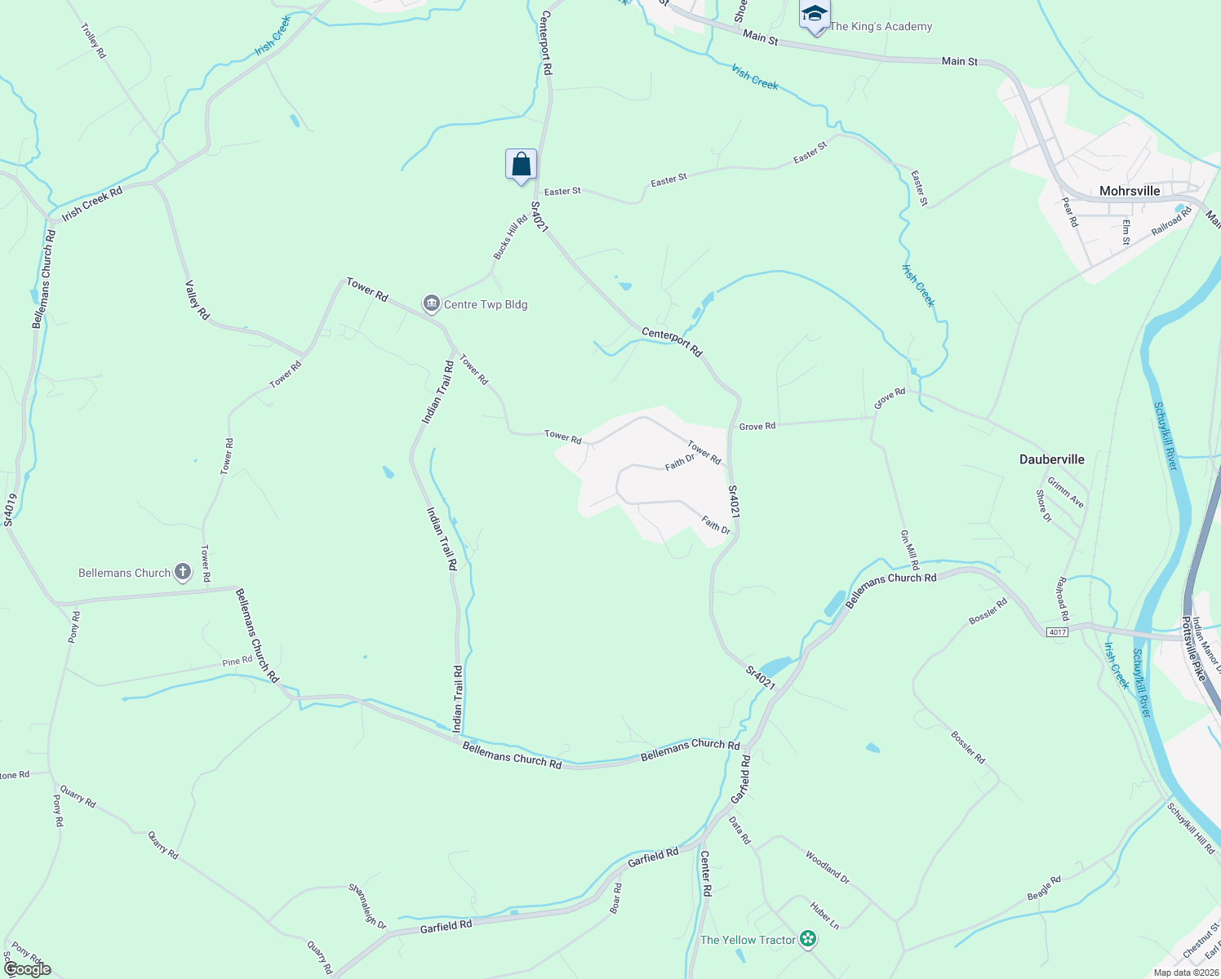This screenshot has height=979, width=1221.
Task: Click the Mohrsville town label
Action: pyautogui.click(x=1130, y=191)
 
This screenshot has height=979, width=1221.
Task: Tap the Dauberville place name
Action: pyautogui.click(x=1052, y=459)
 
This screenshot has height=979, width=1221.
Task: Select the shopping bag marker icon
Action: pyautogui.click(x=521, y=165)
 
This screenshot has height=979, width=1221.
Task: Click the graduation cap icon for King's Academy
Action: pyautogui.click(x=815, y=15)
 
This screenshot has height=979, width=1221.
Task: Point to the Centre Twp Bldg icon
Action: pyautogui.click(x=431, y=304)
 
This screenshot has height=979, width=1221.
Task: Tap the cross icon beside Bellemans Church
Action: pyautogui.click(x=183, y=572)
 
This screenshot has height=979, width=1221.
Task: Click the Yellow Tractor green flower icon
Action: pyautogui.click(x=808, y=940)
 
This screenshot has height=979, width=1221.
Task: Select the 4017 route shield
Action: pyautogui.click(x=1058, y=632)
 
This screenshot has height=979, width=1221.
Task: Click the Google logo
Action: pyautogui.click(x=27, y=969)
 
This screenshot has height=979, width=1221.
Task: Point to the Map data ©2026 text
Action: pyautogui.click(x=1184, y=972)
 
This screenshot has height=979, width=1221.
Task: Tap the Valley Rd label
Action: pyautogui.click(x=198, y=299)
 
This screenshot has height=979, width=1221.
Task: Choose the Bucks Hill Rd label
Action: pyautogui.click(x=511, y=237)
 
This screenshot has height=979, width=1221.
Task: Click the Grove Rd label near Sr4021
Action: pyautogui.click(x=757, y=426)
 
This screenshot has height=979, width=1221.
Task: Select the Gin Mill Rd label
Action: pyautogui.click(x=909, y=549)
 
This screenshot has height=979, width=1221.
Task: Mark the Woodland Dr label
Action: pyautogui.click(x=828, y=867)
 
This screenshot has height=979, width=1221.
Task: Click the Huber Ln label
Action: pyautogui.click(x=824, y=915)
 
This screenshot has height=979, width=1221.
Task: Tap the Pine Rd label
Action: pyautogui.click(x=238, y=662)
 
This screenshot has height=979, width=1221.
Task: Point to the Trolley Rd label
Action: pyautogui.click(x=94, y=40)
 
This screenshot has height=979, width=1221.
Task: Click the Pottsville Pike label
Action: pyautogui.click(x=1193, y=649)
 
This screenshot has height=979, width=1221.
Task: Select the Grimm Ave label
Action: pyautogui.click(x=1066, y=493)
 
